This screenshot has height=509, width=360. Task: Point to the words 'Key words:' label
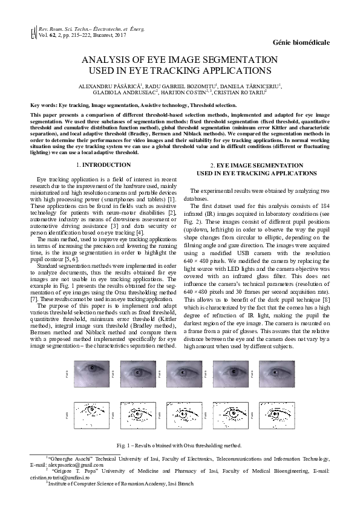pos(44,105)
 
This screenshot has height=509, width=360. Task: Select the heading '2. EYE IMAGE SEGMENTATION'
pos(256,165)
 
